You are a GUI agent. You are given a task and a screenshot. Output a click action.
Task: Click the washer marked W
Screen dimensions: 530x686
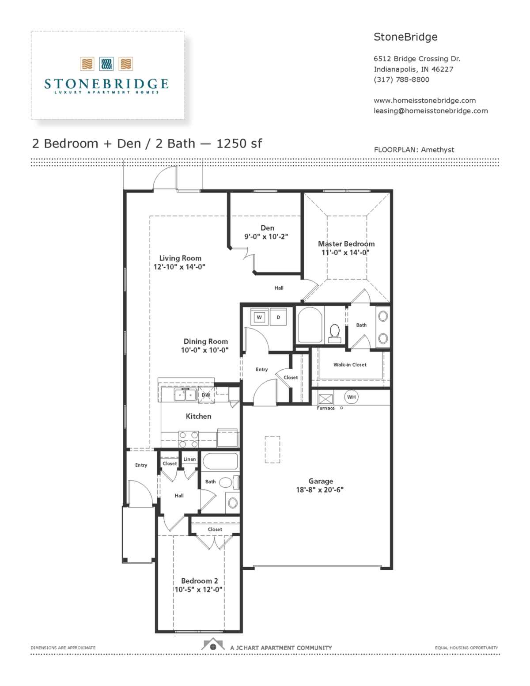(x=259, y=317)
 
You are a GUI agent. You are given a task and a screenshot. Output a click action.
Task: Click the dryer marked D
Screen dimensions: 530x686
(x=278, y=317)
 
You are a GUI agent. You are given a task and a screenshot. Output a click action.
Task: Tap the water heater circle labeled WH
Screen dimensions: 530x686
(x=351, y=397)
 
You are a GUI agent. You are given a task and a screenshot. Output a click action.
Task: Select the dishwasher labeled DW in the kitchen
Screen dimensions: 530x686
(x=206, y=395)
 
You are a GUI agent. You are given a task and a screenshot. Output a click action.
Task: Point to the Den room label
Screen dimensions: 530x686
(x=267, y=228)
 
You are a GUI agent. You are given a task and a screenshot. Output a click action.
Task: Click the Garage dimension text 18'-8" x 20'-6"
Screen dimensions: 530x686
(x=320, y=489)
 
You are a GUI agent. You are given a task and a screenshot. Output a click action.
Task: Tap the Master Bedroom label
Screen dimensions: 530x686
(x=346, y=244)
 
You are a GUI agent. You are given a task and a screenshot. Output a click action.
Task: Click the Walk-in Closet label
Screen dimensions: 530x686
(x=350, y=364)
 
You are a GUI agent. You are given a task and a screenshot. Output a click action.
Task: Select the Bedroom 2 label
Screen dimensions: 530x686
(x=200, y=581)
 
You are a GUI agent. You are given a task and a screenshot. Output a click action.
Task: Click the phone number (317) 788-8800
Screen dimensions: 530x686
(x=401, y=80)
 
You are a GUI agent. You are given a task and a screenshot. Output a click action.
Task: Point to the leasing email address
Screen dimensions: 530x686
(x=431, y=111)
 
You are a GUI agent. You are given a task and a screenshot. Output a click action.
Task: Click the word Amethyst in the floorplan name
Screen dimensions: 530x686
(x=438, y=150)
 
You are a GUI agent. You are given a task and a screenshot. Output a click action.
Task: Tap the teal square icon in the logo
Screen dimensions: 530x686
(x=106, y=64)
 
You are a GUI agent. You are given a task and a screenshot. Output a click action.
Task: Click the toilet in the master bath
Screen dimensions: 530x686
(x=335, y=334)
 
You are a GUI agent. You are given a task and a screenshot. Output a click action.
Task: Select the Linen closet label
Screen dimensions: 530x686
(x=189, y=459)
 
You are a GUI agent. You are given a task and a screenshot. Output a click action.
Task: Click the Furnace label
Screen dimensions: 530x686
(x=326, y=408)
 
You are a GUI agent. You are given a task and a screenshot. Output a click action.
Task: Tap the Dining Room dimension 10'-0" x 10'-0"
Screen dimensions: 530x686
(x=205, y=350)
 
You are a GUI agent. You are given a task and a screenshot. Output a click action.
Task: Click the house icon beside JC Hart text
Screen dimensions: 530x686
(x=213, y=644)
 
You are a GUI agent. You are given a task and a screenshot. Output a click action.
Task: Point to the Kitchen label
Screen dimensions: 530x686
(x=199, y=417)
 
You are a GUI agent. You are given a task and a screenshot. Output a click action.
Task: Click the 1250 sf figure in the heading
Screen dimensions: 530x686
(x=239, y=144)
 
